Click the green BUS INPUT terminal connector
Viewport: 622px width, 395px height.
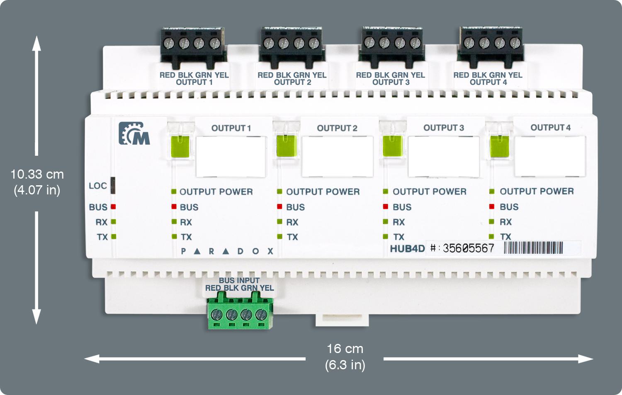tap(240, 314)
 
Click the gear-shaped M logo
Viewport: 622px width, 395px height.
tap(134, 134)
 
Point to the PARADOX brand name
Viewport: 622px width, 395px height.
tap(227, 251)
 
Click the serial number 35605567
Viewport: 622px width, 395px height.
tap(468, 248)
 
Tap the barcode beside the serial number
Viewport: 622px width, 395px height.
tap(533, 248)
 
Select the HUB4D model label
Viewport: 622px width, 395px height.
tap(407, 249)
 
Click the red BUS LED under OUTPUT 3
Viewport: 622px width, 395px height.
tap(386, 206)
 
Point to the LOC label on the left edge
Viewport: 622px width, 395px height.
tap(98, 186)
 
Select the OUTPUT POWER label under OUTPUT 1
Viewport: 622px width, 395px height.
tap(216, 192)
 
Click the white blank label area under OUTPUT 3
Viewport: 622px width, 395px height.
tap(444, 156)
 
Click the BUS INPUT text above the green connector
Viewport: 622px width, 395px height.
tap(239, 280)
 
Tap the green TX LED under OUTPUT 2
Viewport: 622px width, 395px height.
tap(279, 237)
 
